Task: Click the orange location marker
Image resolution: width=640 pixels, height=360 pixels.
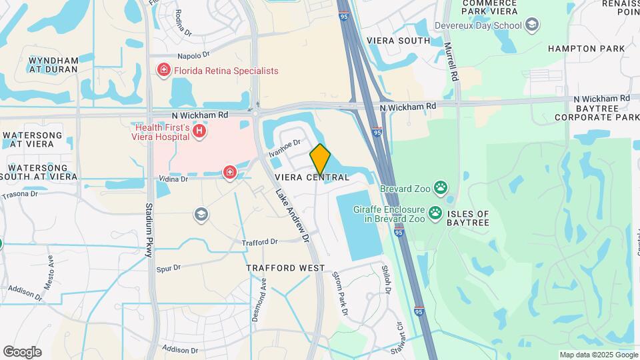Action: (320, 159)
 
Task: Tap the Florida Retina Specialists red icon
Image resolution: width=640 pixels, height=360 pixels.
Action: (163, 70)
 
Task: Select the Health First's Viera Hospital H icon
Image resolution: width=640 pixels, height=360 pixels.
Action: (198, 133)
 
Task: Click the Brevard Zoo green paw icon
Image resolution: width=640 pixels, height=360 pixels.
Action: (440, 188)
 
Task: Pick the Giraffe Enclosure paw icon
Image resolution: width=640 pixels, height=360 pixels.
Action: (435, 213)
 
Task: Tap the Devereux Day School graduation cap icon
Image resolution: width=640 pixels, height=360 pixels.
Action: (532, 25)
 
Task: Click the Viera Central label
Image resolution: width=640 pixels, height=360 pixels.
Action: (312, 177)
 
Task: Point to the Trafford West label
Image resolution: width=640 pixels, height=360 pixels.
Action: (285, 268)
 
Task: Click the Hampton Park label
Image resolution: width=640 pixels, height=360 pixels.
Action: (587, 49)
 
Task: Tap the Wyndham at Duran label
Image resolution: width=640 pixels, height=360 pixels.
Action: (53, 65)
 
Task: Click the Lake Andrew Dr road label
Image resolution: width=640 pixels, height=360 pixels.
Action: (293, 215)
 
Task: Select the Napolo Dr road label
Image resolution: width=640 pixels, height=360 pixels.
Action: (193, 55)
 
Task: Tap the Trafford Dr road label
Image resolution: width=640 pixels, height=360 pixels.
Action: (259, 243)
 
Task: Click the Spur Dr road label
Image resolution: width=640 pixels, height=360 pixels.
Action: (168, 269)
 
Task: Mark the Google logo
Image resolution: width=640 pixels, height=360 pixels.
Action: (22, 352)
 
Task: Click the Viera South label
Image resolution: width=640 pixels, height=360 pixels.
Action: (399, 41)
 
